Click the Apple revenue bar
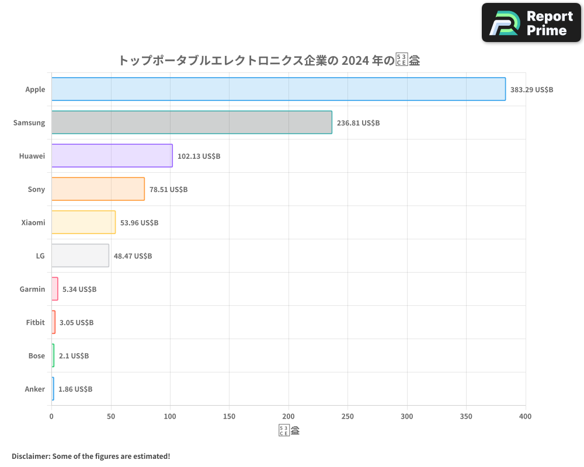coord(279,89)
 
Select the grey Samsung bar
coord(192,123)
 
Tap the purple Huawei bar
coord(112,156)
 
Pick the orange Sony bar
coord(98,189)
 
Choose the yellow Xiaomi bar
coord(84,222)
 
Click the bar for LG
coord(80,256)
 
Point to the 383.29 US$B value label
coord(531,90)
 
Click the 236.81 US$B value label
coord(358,123)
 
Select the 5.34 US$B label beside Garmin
coord(79,290)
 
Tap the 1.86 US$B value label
coord(75,389)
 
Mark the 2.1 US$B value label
coord(74,356)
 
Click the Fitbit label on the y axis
coord(36,323)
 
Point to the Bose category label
coord(37,356)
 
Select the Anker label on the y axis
coord(35,389)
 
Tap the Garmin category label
coord(32,290)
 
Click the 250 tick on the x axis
coord(347,417)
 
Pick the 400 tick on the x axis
coord(525,417)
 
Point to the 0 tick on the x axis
coord(51,417)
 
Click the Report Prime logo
coord(531,23)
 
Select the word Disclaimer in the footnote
coord(30,456)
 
